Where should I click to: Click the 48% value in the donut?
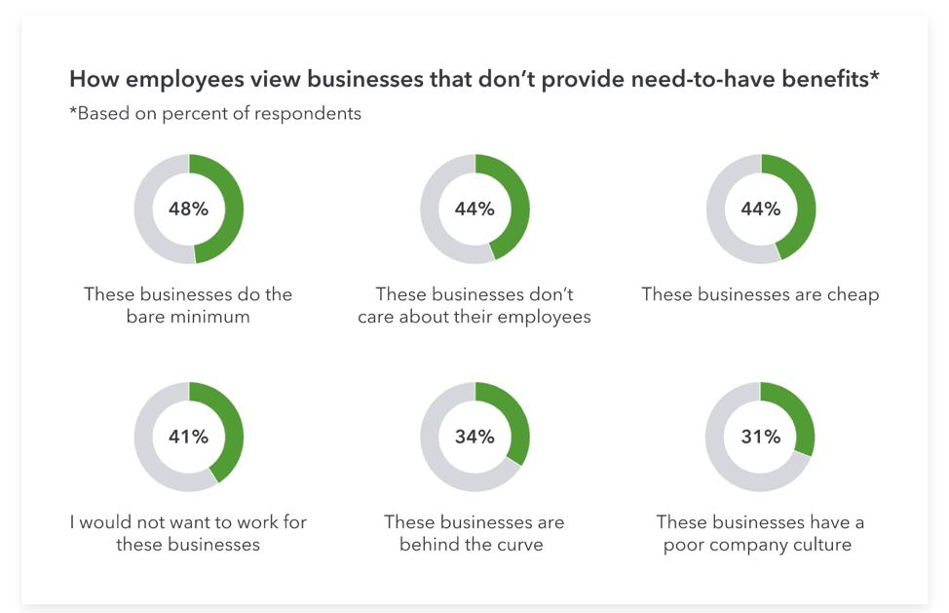[x=188, y=209]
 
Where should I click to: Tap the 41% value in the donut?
[x=188, y=437]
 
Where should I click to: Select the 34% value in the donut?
[x=474, y=437]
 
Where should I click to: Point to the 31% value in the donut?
[x=760, y=437]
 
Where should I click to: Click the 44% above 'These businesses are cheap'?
[x=760, y=209]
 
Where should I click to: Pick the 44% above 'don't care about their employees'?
[x=474, y=209]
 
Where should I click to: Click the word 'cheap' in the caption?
[x=851, y=294]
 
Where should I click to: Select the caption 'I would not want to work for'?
[x=188, y=522]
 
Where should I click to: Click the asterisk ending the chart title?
[x=874, y=75]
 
